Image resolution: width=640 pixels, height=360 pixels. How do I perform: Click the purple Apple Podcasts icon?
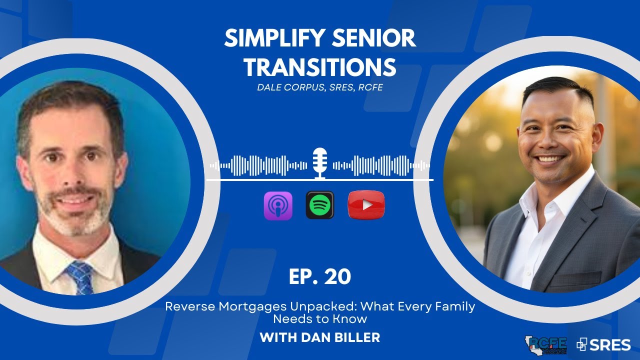(278, 205)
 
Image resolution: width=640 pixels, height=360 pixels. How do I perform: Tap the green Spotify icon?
(319, 205)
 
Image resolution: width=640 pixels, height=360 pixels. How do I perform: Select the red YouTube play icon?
(366, 205)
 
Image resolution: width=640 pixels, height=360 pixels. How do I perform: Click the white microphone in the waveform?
(319, 163)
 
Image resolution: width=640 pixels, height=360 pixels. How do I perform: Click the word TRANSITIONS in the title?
(320, 66)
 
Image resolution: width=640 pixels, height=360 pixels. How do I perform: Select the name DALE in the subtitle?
(268, 87)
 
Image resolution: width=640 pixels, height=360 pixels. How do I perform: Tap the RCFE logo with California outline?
(546, 344)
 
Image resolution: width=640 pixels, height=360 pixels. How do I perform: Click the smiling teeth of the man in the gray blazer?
(550, 159)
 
